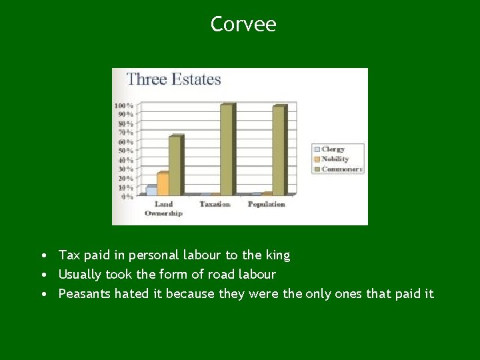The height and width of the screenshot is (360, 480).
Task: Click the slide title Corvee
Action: (243, 25)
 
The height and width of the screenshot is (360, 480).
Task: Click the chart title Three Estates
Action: (173, 79)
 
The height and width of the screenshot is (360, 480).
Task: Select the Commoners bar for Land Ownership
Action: (175, 165)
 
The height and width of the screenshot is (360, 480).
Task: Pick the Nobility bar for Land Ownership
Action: (163, 183)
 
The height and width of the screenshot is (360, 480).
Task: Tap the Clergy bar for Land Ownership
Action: (151, 190)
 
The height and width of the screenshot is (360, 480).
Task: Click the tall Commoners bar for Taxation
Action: (227, 149)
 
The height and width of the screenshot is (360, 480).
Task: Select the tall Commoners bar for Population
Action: (278, 150)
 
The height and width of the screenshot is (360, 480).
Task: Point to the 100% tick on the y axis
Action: (123, 105)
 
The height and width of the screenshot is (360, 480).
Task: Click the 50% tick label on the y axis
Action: (125, 151)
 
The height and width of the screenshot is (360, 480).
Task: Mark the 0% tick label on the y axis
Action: (127, 197)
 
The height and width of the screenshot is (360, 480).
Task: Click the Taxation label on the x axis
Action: (215, 204)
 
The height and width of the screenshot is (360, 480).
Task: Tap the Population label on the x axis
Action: (266, 204)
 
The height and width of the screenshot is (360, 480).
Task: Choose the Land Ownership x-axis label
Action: (163, 209)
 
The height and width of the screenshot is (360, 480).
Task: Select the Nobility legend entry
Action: (335, 159)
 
